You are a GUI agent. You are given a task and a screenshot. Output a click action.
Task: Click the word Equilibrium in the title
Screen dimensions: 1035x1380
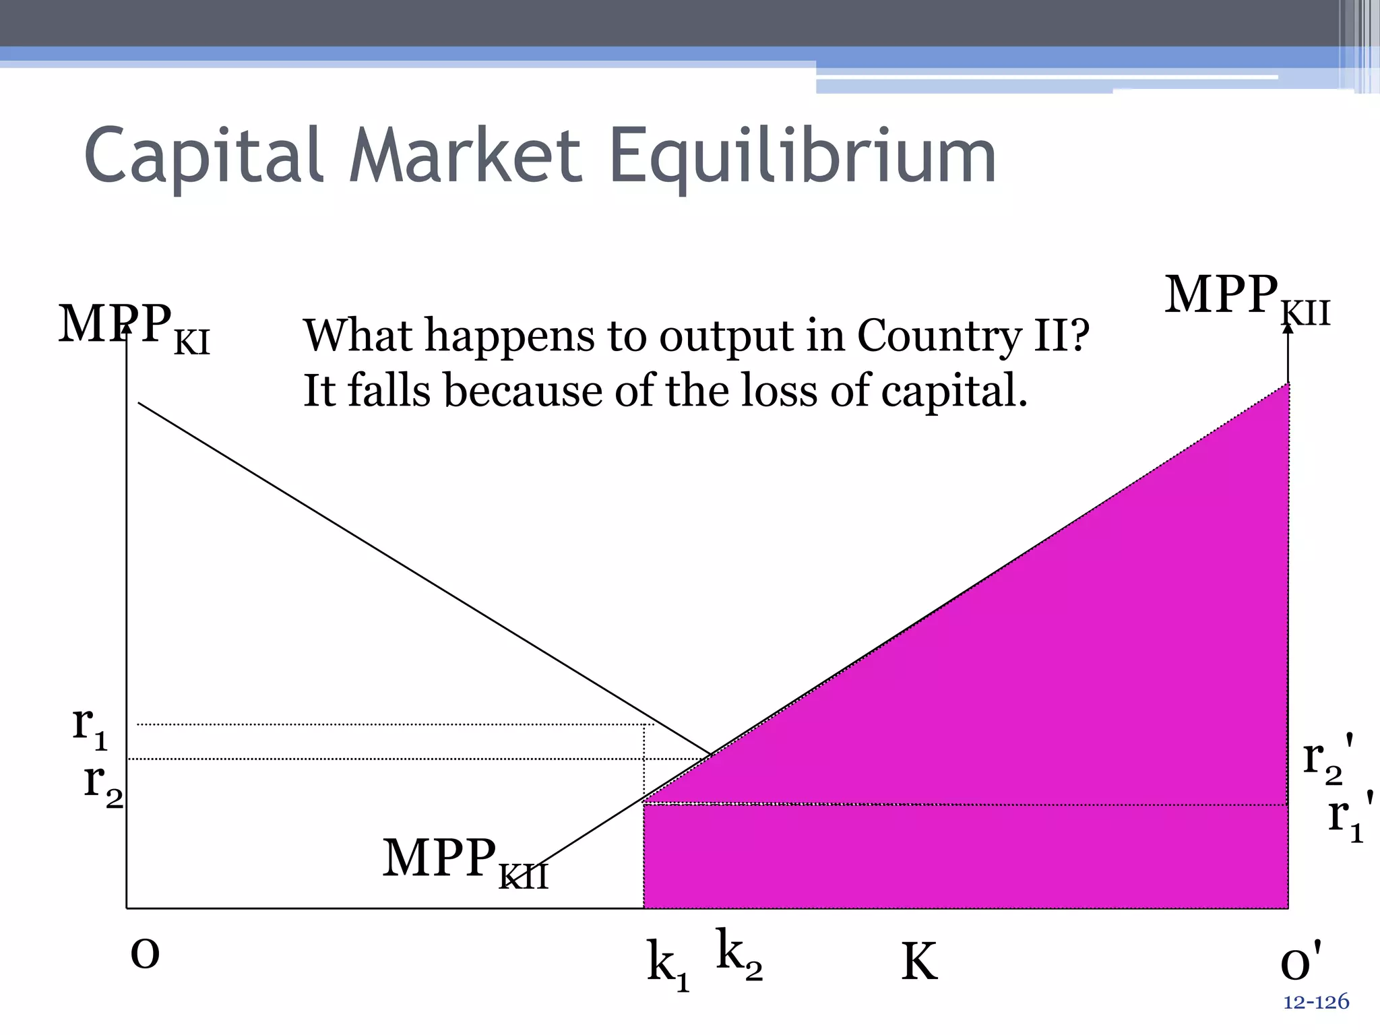(x=802, y=156)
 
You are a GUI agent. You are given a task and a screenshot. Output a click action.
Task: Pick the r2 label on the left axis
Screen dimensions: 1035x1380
(x=102, y=783)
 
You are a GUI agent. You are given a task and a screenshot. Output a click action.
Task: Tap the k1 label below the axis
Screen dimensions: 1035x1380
(x=668, y=964)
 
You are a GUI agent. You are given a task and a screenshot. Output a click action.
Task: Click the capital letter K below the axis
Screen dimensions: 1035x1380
(x=919, y=962)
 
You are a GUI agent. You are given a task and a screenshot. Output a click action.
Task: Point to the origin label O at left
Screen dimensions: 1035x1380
(x=145, y=954)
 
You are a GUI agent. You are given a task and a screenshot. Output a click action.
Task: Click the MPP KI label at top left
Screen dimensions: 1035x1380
(x=134, y=327)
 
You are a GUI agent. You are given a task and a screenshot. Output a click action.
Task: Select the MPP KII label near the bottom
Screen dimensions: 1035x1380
(x=465, y=862)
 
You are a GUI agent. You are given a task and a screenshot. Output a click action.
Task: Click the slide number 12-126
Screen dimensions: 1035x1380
(x=1316, y=1002)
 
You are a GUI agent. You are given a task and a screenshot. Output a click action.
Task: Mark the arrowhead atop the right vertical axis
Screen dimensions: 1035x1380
(x=1288, y=328)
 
